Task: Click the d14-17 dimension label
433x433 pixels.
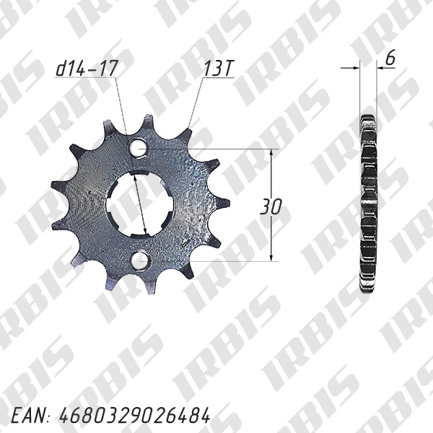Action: point(87,69)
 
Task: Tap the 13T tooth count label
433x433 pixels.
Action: point(218,69)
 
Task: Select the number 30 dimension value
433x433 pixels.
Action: point(271,206)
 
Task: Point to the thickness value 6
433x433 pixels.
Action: point(390,58)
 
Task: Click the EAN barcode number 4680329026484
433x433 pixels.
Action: point(135,416)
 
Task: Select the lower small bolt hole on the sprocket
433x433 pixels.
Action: point(139,261)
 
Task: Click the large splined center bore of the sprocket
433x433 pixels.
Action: point(140,205)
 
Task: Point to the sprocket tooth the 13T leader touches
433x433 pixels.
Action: point(186,136)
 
